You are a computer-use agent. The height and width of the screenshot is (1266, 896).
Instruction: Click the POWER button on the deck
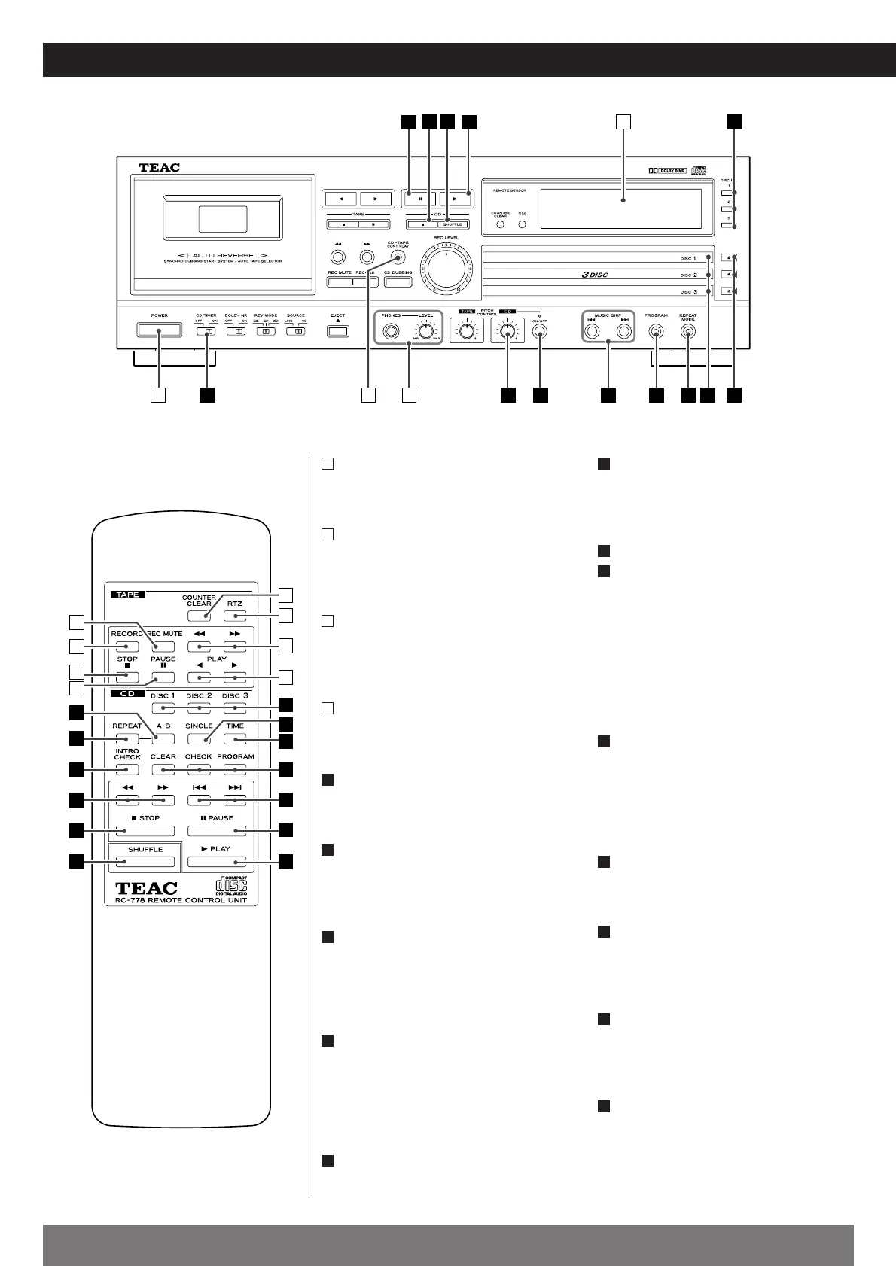point(159,330)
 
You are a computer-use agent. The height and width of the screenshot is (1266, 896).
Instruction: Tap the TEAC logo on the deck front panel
point(160,168)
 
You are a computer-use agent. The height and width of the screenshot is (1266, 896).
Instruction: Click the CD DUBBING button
point(398,282)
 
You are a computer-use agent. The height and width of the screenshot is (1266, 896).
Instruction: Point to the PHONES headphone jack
point(392,330)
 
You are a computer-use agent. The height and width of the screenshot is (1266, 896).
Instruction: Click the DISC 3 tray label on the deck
point(688,291)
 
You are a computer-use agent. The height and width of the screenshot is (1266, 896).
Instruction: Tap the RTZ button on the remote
point(235,616)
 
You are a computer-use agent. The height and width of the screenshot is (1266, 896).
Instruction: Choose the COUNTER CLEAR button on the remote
point(199,616)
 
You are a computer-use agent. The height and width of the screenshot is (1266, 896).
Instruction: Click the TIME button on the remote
point(235,740)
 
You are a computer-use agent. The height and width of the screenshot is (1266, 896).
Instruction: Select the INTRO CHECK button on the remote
point(127,770)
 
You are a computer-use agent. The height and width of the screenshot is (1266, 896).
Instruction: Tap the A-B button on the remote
point(163,740)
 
